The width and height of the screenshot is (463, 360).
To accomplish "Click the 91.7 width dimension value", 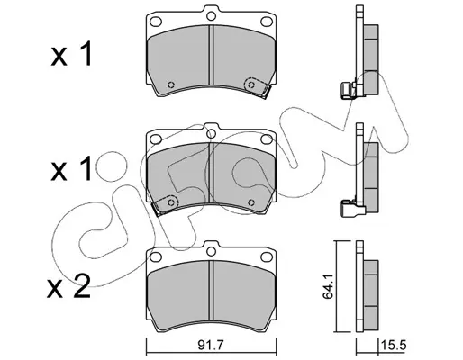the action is coord(211,346).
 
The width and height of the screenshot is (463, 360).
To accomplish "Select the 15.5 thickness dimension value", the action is coord(394,346).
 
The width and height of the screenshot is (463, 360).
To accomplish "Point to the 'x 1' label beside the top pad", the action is coord(71,54).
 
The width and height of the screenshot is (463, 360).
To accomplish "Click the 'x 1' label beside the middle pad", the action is coord(71,170).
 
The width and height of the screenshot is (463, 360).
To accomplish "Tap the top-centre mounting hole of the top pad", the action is coord(212,15).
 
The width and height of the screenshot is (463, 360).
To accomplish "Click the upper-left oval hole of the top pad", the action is coord(156,22).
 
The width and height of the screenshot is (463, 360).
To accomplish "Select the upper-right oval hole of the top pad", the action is coord(267,22).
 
